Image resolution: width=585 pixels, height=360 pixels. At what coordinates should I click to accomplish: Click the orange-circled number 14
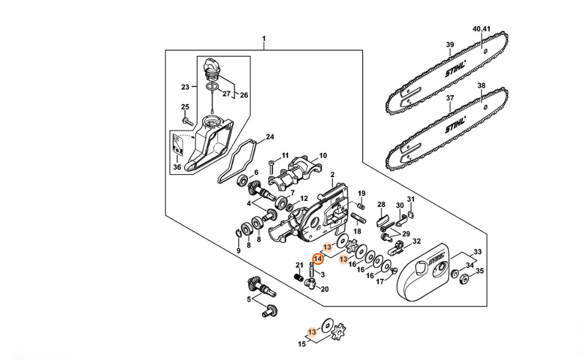tap(318, 259)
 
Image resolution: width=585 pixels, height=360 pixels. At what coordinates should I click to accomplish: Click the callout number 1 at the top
tap(264, 39)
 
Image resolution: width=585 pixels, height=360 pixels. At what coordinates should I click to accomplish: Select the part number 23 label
tap(185, 87)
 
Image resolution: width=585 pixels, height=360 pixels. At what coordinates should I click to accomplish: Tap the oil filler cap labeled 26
tap(211, 69)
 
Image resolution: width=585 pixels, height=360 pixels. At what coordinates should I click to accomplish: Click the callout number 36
tap(177, 167)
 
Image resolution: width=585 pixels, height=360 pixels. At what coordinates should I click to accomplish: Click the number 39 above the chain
tap(450, 45)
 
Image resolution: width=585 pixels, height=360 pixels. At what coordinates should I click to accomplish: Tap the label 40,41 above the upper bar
tap(482, 29)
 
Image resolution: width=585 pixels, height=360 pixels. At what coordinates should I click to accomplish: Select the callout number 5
tap(249, 299)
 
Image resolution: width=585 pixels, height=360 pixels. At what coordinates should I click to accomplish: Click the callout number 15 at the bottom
tap(302, 344)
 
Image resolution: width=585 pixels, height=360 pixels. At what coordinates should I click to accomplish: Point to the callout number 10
tap(323, 155)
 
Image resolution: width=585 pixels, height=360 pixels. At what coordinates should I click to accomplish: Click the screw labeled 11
tap(273, 164)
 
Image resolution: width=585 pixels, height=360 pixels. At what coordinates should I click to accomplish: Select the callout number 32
tap(416, 241)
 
